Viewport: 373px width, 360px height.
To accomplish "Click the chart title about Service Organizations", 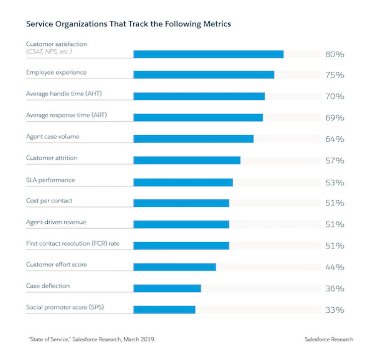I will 128,23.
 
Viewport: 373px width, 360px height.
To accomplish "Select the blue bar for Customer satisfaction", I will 208,54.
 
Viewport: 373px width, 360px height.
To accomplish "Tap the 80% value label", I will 334,54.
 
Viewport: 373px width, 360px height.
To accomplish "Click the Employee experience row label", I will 56,73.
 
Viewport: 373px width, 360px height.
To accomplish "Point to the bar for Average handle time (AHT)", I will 198,96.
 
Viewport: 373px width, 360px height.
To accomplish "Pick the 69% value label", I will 334,118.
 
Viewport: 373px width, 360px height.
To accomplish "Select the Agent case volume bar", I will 193,139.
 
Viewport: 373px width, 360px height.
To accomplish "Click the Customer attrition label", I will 52,158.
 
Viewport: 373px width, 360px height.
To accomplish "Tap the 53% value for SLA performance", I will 334,182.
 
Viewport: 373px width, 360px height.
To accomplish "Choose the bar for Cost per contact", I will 181,203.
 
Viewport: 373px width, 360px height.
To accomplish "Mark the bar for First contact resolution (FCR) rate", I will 181,246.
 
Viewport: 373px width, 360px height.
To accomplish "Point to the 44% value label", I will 334,267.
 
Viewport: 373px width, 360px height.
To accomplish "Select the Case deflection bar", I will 167,288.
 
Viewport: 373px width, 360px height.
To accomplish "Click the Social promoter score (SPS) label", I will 65,308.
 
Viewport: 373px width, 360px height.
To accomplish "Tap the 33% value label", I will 334,310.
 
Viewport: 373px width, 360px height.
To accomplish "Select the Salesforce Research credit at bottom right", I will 329,339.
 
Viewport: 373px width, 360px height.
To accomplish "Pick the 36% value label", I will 334,288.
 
